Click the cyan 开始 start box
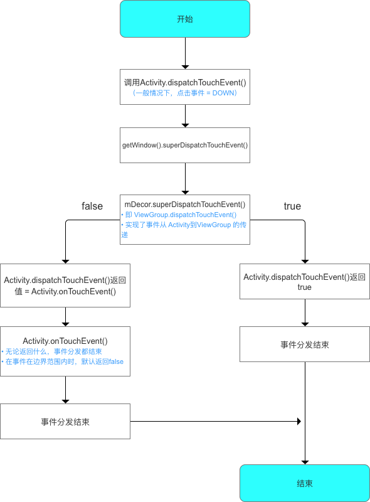[185, 19]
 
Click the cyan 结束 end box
[304, 483]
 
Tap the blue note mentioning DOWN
[185, 93]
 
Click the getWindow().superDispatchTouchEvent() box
[185, 145]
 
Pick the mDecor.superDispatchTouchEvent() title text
[185, 204]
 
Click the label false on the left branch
[92, 206]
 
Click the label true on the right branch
[292, 206]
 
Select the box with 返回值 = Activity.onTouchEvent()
[65, 286]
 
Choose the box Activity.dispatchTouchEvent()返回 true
[304, 281]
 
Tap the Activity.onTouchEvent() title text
[65, 340]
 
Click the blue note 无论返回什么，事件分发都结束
[53, 351]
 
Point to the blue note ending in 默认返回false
[63, 362]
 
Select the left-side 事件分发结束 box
[65, 422]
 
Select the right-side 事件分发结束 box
[304, 345]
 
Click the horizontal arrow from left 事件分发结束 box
[213, 422]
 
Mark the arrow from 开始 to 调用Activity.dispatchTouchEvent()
[185, 53]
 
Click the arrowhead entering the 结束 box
[304, 461]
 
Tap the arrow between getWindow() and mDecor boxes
[185, 178]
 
